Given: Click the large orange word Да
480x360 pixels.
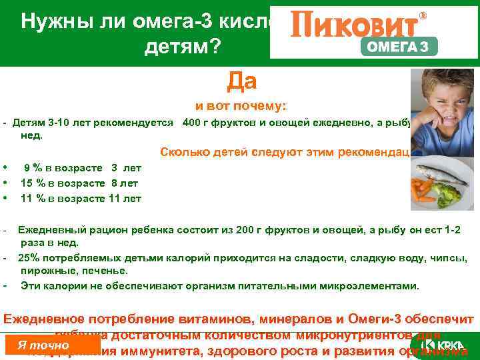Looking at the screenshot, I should coord(241,81).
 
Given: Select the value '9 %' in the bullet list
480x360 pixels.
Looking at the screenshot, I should coord(35,168).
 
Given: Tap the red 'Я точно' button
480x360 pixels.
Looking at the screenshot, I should coord(43,345).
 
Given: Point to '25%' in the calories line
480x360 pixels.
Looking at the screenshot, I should coord(29,257).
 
